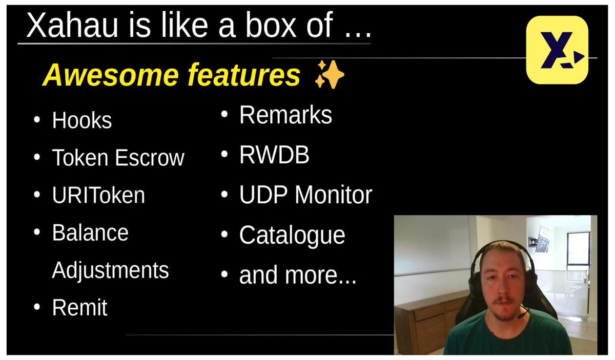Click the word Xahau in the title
pyautogui.click(x=72, y=25)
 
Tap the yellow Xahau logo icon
pyautogui.click(x=557, y=50)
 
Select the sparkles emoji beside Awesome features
pyautogui.click(x=329, y=74)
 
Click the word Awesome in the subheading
pyautogui.click(x=111, y=75)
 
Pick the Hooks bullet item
pyautogui.click(x=82, y=120)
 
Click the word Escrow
pyautogui.click(x=150, y=158)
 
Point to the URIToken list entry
pyautogui.click(x=98, y=195)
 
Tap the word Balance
pyautogui.click(x=90, y=232)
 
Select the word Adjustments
pyautogui.click(x=110, y=271)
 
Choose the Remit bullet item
pyautogui.click(x=79, y=307)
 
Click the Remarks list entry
pyautogui.click(x=285, y=115)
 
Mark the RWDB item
pyautogui.click(x=274, y=155)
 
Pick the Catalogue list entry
pyautogui.click(x=292, y=236)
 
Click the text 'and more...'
pyautogui.click(x=298, y=275)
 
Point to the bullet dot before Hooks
pyautogui.click(x=37, y=120)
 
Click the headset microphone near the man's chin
pyautogui.click(x=523, y=313)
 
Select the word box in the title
pyautogui.click(x=271, y=25)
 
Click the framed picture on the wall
pyautogui.click(x=543, y=239)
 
